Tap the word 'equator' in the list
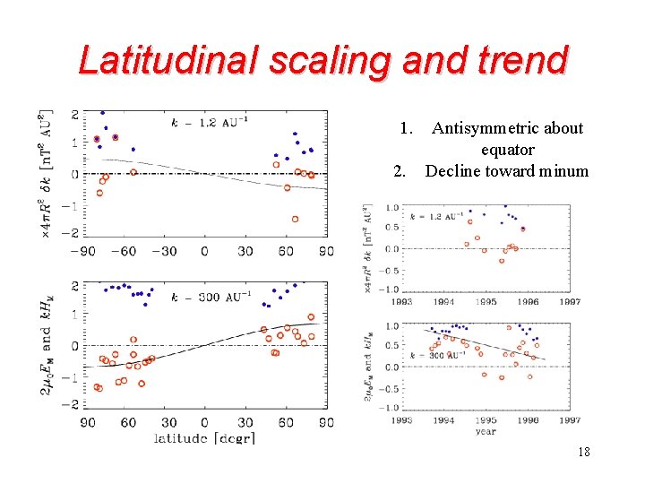507,150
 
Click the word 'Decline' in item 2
455,171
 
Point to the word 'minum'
564,171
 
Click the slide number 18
583,453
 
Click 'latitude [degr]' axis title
203,437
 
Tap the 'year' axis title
485,431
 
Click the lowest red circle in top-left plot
295,219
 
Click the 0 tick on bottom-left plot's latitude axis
204,422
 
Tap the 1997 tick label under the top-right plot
569,302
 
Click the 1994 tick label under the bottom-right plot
443,420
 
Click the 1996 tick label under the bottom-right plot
527,420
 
